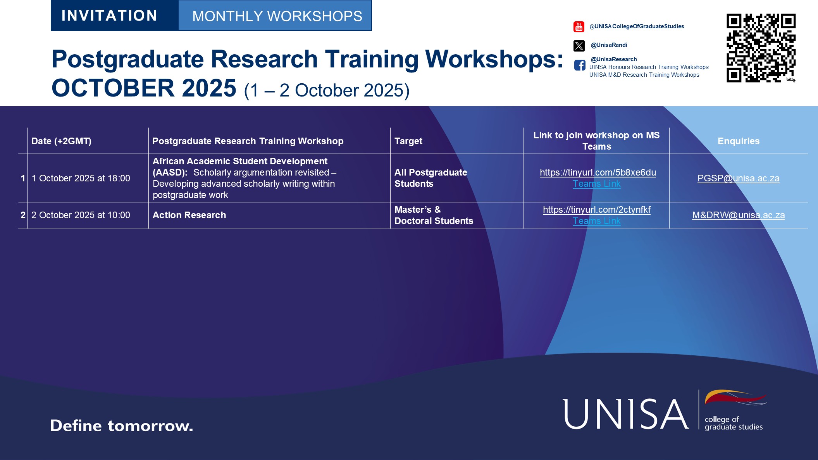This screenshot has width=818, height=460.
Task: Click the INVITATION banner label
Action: [109, 16]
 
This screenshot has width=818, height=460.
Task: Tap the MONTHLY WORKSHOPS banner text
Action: [277, 16]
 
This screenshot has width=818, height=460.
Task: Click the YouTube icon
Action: [579, 27]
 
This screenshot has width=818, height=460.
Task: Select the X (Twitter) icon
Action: [579, 46]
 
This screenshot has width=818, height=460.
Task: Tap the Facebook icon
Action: [580, 65]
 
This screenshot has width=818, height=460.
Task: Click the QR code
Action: [761, 48]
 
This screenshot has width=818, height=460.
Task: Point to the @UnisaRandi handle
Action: [609, 45]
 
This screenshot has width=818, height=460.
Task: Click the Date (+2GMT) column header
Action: [61, 141]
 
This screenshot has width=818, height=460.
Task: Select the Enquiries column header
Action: [739, 141]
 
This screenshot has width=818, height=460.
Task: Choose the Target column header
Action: [408, 141]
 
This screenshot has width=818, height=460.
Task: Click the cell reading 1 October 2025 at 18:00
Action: [81, 178]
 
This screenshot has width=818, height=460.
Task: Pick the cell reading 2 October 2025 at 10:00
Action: [81, 215]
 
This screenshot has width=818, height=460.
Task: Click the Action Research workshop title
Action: [189, 215]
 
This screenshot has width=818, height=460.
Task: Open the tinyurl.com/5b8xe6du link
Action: [598, 172]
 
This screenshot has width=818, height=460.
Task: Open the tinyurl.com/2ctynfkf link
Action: [597, 210]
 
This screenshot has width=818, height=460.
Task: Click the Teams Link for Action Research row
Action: [597, 221]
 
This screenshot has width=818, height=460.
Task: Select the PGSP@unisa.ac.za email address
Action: [739, 178]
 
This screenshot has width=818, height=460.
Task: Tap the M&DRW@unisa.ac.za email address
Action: [739, 215]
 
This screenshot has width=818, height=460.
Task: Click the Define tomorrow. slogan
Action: [121, 426]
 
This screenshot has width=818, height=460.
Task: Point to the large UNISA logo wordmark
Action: [626, 414]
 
